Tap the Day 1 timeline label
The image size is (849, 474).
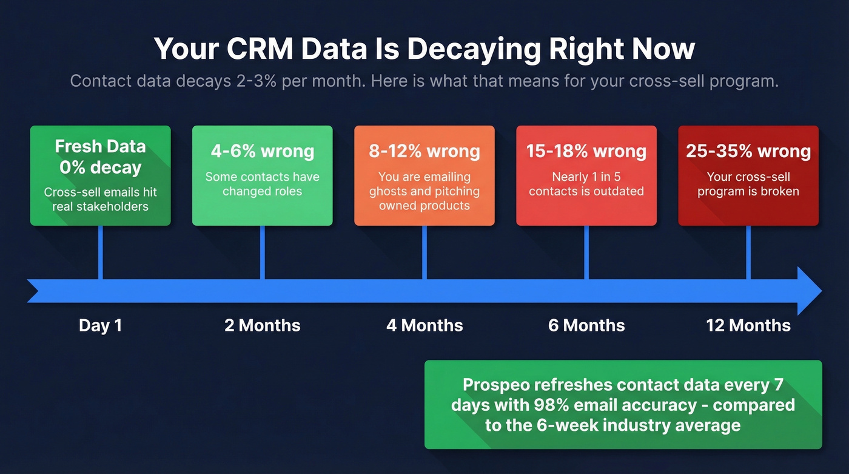point(100,325)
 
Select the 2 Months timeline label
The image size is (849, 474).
point(262,325)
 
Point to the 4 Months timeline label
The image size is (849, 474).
point(424,325)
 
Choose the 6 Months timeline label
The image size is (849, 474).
point(586,325)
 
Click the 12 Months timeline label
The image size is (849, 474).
point(748,325)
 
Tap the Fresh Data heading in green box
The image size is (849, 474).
point(100,146)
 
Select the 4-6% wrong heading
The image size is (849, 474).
point(262,151)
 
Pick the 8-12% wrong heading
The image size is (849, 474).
point(424,151)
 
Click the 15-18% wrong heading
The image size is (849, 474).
point(586,151)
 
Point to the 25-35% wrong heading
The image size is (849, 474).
point(748,151)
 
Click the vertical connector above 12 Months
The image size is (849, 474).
point(748,252)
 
